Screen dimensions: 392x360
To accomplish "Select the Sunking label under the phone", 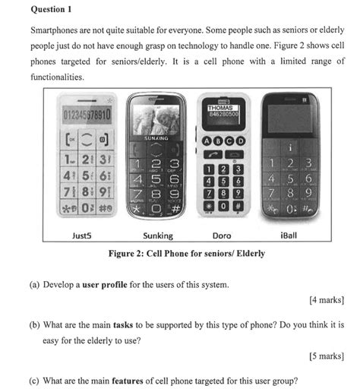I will pos(158,236).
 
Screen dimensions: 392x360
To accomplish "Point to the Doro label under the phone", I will pos(222,236).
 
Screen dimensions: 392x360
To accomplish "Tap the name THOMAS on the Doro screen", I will pos(220,109).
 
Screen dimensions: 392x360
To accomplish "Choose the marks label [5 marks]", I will pos(327,355).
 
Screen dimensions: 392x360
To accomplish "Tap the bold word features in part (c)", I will pos(131,381).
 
